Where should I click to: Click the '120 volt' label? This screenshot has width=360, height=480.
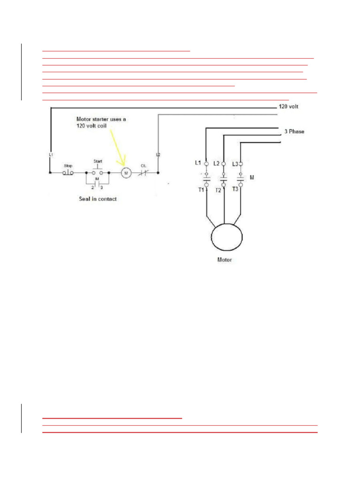click(x=289, y=106)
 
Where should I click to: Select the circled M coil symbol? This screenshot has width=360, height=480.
click(x=126, y=173)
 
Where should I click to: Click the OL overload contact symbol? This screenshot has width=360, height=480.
click(x=143, y=172)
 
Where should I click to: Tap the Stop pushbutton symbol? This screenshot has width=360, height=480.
click(x=68, y=172)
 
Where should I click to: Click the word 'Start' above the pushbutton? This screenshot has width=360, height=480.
click(x=97, y=161)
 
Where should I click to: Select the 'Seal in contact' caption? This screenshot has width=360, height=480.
click(x=97, y=199)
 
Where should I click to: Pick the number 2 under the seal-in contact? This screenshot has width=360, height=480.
click(x=93, y=187)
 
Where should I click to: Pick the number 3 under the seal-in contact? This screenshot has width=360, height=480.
click(x=101, y=187)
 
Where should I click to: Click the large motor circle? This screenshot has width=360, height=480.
click(x=227, y=236)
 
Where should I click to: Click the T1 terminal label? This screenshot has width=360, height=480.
click(x=200, y=190)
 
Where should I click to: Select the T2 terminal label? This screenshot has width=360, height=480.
click(x=218, y=190)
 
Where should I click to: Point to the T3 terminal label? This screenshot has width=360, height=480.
click(x=235, y=190)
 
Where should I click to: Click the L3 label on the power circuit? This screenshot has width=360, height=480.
click(x=235, y=164)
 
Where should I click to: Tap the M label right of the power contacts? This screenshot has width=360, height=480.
click(x=252, y=178)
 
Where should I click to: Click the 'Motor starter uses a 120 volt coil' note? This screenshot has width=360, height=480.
click(x=101, y=123)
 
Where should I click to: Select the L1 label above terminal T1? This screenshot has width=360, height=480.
click(x=198, y=163)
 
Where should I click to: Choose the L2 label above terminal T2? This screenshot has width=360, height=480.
click(x=216, y=163)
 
